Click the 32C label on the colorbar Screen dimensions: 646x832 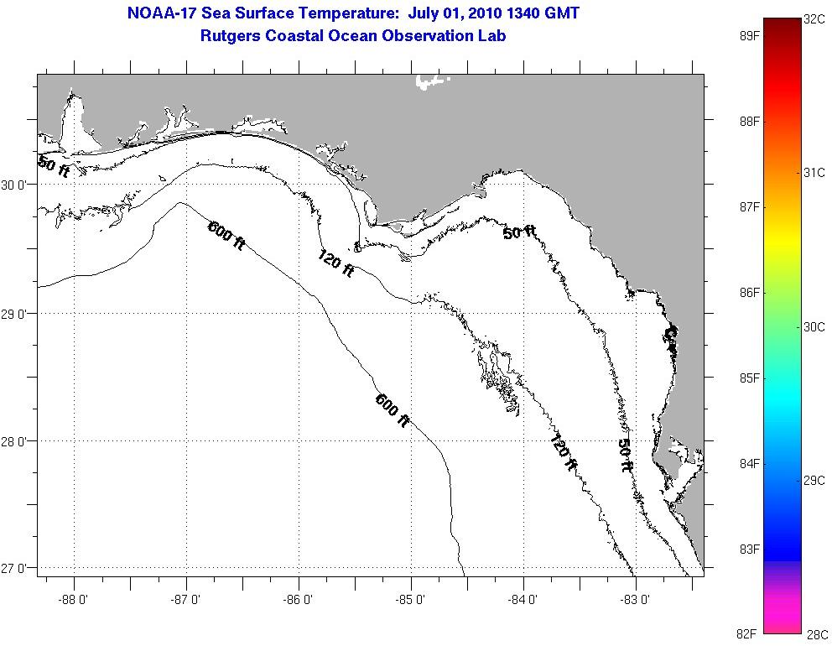pyautogui.click(x=814, y=18)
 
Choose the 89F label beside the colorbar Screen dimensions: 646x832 pyautogui.click(x=750, y=36)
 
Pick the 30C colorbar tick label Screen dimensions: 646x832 pyautogui.click(x=814, y=327)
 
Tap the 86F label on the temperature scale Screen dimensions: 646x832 pyautogui.click(x=750, y=293)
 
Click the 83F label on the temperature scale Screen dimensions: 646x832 pyautogui.click(x=750, y=550)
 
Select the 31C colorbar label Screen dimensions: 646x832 pyautogui.click(x=814, y=173)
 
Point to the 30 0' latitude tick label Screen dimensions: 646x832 pyautogui.click(x=17, y=185)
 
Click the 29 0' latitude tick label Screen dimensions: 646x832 pyautogui.click(x=17, y=314)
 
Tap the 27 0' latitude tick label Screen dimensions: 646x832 pyautogui.click(x=17, y=569)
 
